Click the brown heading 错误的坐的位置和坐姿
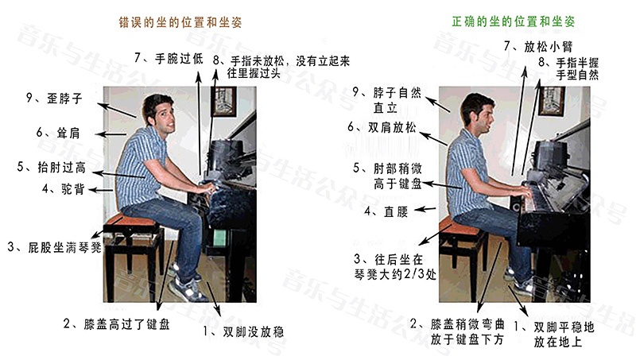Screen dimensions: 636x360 point(180,22)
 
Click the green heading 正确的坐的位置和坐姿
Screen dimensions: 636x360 point(514,21)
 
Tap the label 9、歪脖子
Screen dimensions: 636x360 point(54,98)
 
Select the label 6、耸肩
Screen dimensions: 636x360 point(58,133)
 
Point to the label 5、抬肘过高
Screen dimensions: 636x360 point(52,167)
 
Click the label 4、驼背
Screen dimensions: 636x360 point(64,188)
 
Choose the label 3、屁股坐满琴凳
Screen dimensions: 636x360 point(54,247)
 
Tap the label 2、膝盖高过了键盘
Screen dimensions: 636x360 point(117,324)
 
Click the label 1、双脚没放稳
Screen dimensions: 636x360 point(243,331)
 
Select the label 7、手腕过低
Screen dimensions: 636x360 point(169,58)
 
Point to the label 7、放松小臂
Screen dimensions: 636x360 point(538,46)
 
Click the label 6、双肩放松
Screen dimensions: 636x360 point(382,127)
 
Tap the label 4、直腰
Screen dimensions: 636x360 point(386,211)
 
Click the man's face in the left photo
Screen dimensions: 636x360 point(165,115)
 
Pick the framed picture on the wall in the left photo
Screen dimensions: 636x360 point(223,102)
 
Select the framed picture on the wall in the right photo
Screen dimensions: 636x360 point(552,101)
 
